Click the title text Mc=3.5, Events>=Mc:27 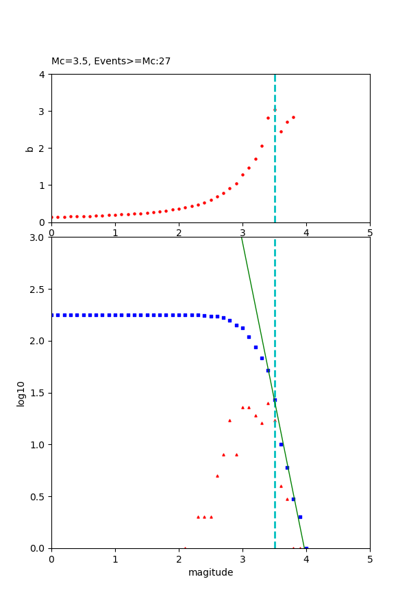(x=111, y=62)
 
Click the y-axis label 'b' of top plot (x=29, y=149)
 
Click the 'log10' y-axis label (x=21, y=394)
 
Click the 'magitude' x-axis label (x=210, y=572)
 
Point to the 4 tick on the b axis (x=42, y=75)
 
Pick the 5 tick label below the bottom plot (x=370, y=559)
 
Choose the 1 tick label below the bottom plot (x=115, y=559)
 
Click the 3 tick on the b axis (x=42, y=112)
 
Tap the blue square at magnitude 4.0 (x=306, y=548)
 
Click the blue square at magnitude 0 (x=52, y=315)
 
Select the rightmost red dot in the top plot (x=293, y=117)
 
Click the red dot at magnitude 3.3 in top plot (x=262, y=146)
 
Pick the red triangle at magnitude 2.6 (x=217, y=476)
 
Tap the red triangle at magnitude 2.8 (x=229, y=420)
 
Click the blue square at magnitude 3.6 (x=281, y=444)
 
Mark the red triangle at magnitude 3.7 (x=287, y=499)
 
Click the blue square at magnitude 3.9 (x=300, y=517)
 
